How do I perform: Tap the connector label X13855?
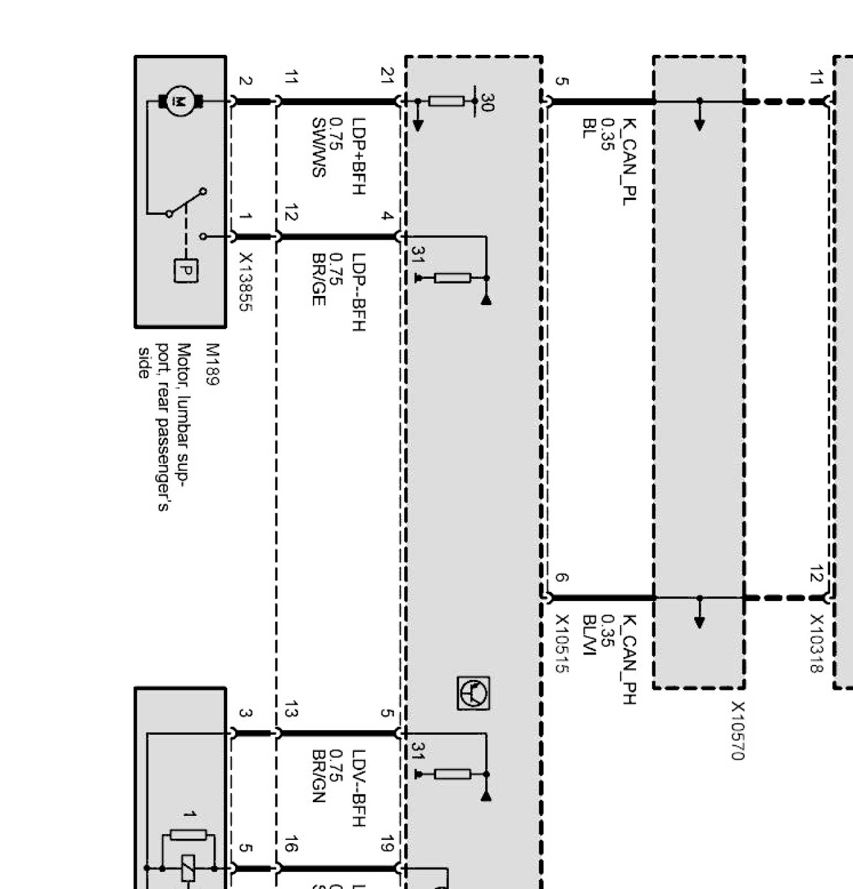245,282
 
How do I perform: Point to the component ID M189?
213,364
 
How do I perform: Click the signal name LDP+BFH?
359,155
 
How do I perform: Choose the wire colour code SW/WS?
318,148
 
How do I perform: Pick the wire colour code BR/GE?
318,280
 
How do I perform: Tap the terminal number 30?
487,103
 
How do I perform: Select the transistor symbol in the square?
473,693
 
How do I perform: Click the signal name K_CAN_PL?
628,161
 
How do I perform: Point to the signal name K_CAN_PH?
628,659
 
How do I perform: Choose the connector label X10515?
562,643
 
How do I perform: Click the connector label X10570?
737,731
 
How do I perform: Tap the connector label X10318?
816,643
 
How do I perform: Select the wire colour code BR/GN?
318,776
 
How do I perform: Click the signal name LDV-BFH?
359,788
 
